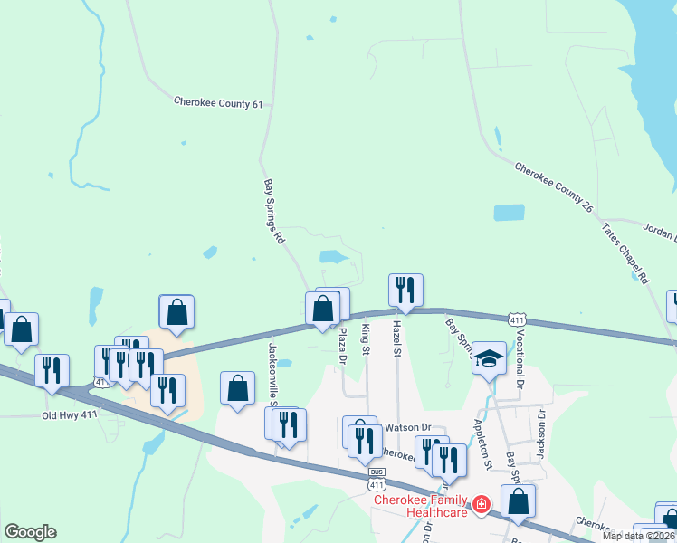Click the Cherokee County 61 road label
(x=218, y=104)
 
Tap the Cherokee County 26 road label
(x=553, y=187)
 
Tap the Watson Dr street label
(x=410, y=427)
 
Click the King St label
(x=366, y=338)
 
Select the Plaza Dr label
(x=342, y=346)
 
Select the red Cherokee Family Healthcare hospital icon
(x=482, y=504)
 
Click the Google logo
(x=30, y=532)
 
